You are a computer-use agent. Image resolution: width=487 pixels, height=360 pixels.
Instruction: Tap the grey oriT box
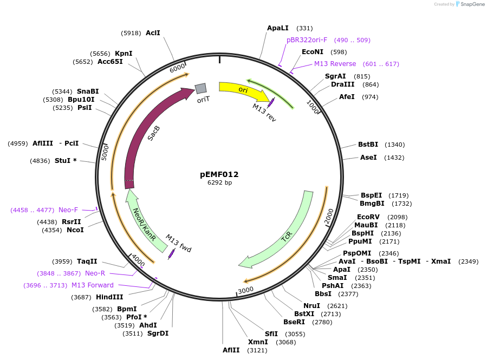coord(200,88)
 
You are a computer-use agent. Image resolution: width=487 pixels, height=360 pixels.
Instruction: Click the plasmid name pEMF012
coord(219,174)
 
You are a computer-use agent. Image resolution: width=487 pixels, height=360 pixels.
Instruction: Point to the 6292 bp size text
coord(219,182)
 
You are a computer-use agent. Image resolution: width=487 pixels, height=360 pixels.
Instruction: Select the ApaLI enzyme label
coord(278,28)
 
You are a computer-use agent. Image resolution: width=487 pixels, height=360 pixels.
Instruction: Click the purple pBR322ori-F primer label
coord(307,40)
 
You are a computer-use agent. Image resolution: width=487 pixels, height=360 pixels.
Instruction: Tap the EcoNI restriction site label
coord(313,52)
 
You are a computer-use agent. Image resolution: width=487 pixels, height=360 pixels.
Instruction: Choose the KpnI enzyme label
coord(124,54)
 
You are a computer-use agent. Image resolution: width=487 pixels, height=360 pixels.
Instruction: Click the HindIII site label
coord(109,297)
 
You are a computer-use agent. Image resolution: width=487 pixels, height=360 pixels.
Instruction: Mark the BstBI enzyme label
coord(368,145)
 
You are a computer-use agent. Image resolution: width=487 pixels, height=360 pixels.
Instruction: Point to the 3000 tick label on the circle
coord(246,290)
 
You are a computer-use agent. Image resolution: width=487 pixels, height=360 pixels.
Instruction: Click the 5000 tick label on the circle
coord(105,153)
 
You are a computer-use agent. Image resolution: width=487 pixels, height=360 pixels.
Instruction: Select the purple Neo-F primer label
coord(68,210)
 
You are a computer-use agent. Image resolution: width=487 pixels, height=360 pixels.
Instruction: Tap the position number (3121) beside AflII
coord(257,350)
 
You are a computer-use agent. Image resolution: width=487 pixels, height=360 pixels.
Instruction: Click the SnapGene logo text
coord(472,4)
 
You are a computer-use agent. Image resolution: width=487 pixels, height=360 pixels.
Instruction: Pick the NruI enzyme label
coord(311,306)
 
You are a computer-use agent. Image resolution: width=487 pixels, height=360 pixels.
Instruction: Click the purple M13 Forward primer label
coord(93,285)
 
